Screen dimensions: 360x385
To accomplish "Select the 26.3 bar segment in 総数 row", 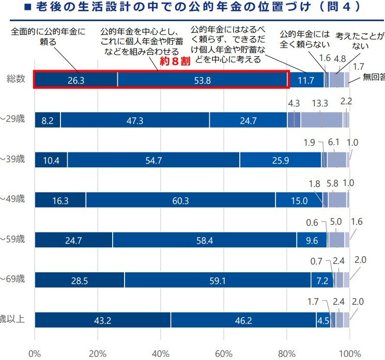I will tap(76, 80).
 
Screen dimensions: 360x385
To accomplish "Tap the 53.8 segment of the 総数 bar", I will tap(202, 80).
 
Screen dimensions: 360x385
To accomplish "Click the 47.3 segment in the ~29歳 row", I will tap(135, 119).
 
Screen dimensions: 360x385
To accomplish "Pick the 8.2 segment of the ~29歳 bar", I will tap(48, 119).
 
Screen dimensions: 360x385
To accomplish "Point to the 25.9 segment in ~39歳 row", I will tap(280, 160).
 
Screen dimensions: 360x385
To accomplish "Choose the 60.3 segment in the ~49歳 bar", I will tap(180, 200).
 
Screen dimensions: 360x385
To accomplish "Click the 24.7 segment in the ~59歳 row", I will tap(73, 240).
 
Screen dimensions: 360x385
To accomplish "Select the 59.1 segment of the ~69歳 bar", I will tap(217, 280).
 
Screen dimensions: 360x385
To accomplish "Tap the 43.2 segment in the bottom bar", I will tap(102, 320).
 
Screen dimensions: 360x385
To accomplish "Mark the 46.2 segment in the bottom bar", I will tap(243, 320).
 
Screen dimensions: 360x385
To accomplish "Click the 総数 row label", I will tap(16, 80).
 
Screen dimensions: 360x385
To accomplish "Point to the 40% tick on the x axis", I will tap(161, 354).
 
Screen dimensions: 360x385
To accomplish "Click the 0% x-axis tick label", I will tap(35, 354).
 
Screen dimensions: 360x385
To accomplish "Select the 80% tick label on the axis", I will tap(287, 354).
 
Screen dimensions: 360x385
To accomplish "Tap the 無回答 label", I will tap(373, 77).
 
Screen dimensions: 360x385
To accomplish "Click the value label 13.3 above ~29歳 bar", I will tap(321, 103).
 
